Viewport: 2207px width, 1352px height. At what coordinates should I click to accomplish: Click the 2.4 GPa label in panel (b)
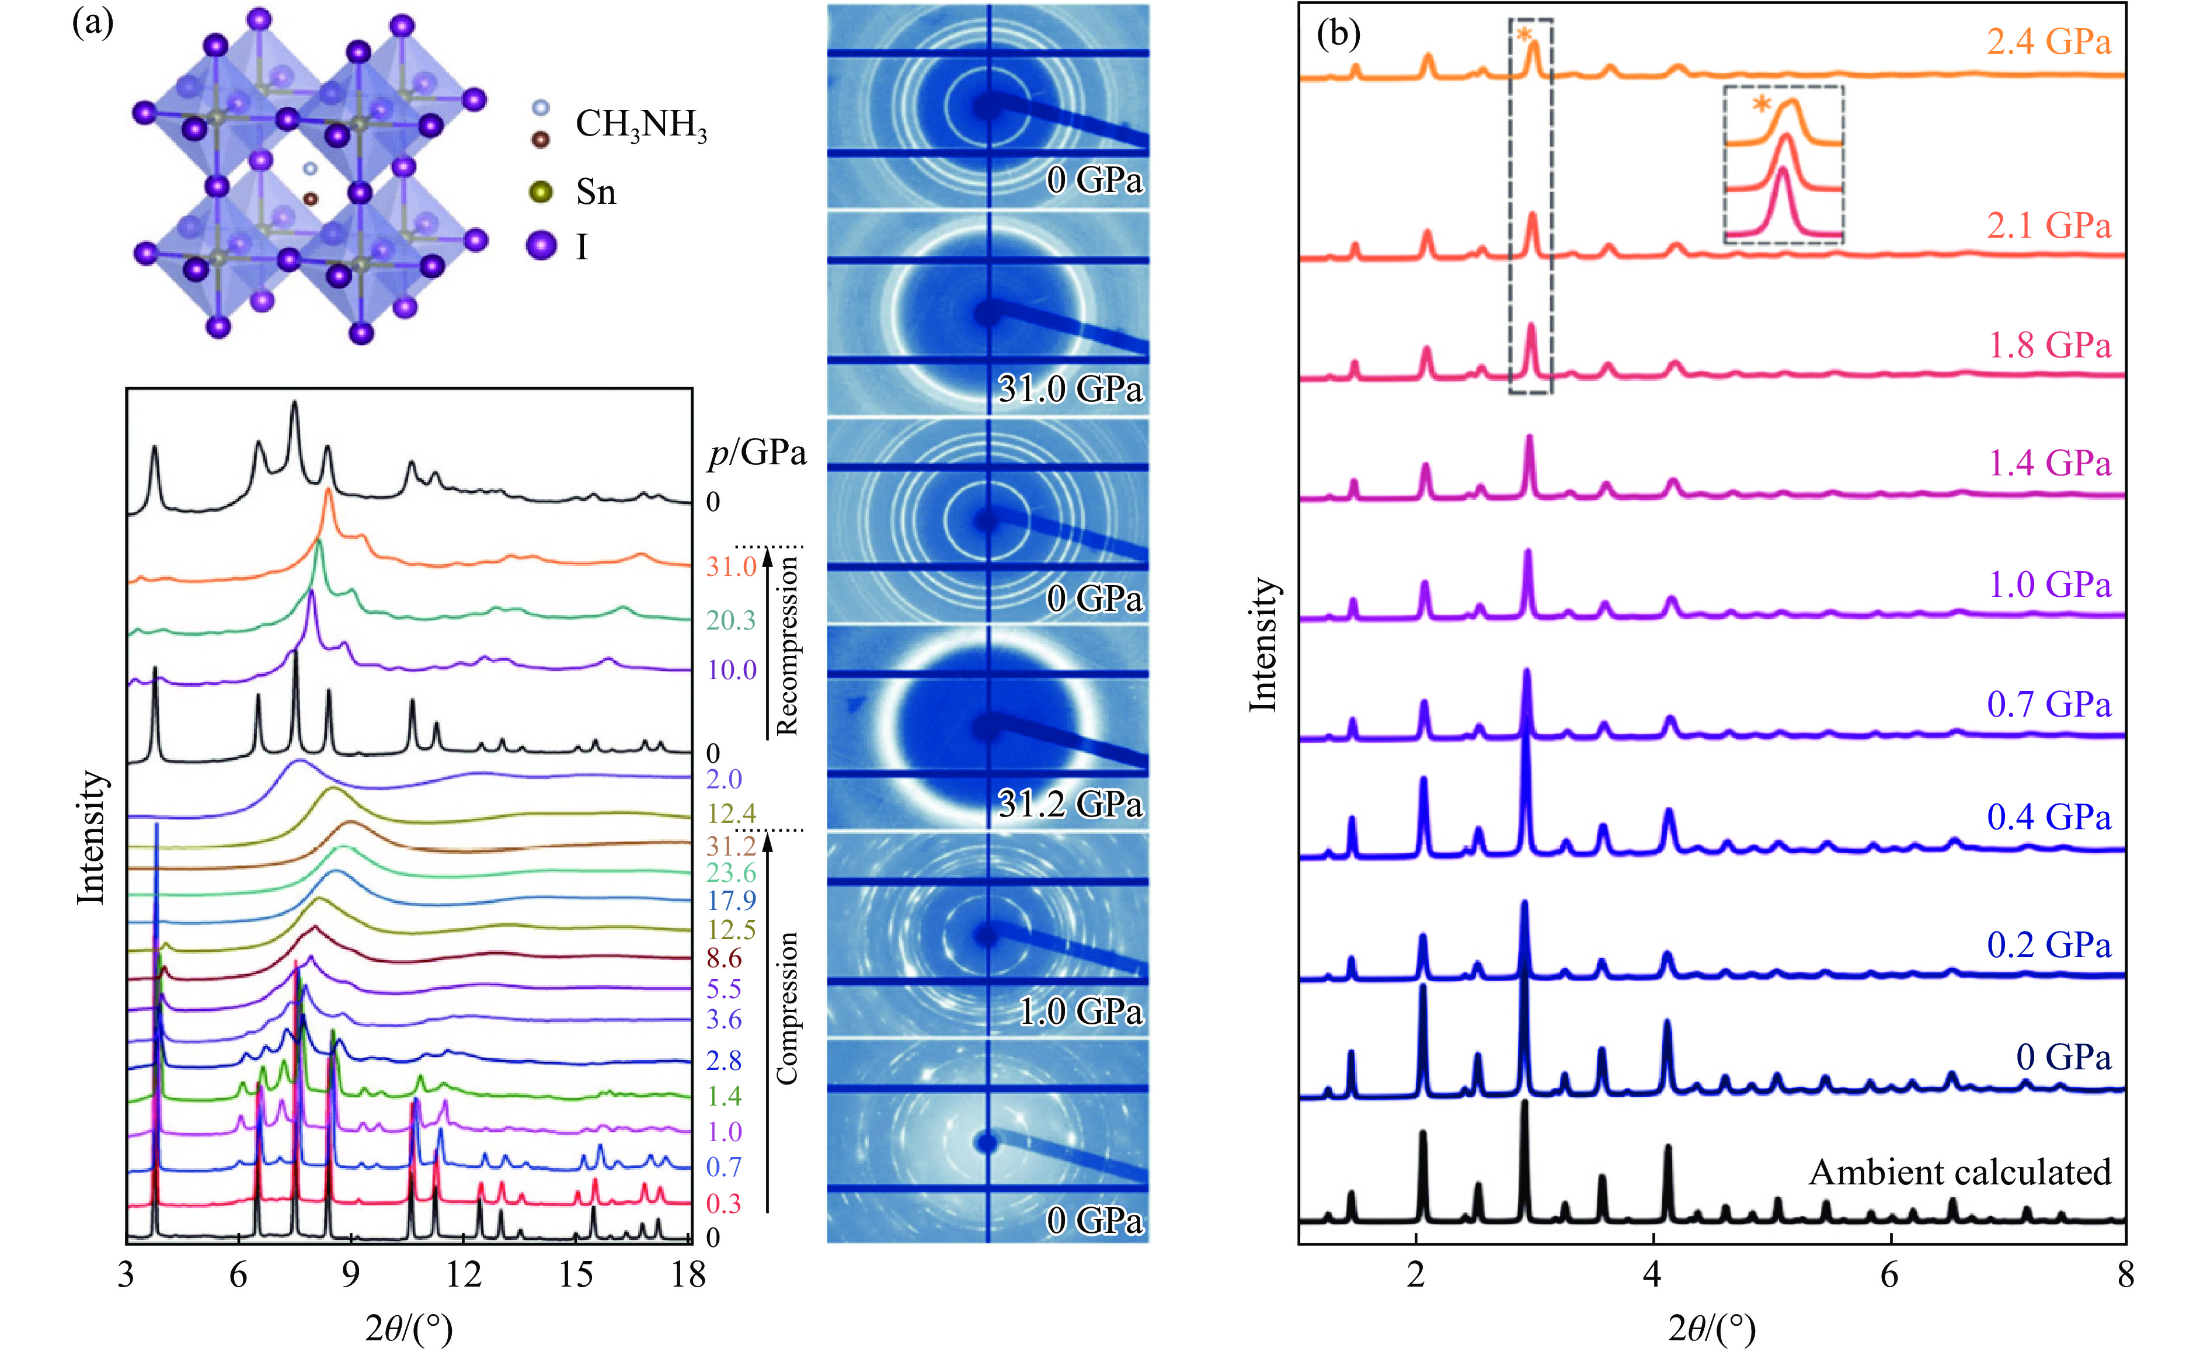coord(2048,42)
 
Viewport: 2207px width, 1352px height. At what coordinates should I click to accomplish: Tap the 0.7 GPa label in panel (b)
coord(2048,704)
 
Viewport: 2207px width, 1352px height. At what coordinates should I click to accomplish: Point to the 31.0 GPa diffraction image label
coord(1070,389)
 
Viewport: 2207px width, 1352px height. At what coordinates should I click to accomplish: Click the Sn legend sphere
coord(541,192)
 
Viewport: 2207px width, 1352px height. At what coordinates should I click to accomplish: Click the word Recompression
coord(786,645)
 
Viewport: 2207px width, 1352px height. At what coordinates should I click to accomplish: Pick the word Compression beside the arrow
coord(786,1008)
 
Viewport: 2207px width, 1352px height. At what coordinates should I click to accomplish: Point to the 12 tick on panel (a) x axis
coord(463,1274)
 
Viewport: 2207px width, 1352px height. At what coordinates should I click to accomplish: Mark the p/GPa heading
coord(757,453)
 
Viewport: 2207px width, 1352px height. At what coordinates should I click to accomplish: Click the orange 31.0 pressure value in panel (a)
coord(731,566)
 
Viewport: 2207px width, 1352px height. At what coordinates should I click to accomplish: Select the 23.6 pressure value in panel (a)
coord(731,873)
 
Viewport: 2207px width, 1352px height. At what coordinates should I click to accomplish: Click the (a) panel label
coord(92,22)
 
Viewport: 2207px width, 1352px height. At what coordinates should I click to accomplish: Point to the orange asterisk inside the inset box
coord(1761,104)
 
